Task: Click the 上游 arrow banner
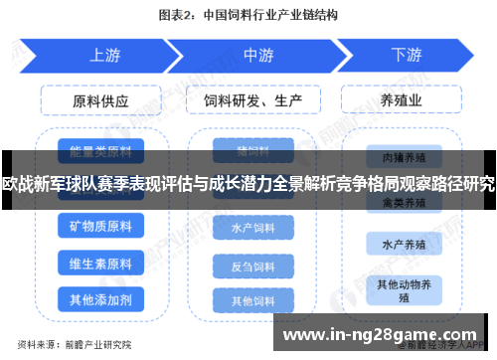coord(103,55)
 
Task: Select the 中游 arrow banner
coord(257,55)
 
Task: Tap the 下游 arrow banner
coord(406,55)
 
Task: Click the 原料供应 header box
coord(100,100)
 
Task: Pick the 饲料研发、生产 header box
coord(252,100)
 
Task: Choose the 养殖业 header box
coord(403,100)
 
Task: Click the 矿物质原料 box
coord(100,229)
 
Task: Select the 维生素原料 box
coord(100,264)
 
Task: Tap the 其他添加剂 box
coord(100,298)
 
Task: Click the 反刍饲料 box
coord(252,266)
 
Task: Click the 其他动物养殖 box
coord(403,289)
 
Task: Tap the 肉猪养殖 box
coord(403,156)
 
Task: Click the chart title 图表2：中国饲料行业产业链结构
coord(248,15)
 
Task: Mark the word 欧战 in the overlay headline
coord(17,184)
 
